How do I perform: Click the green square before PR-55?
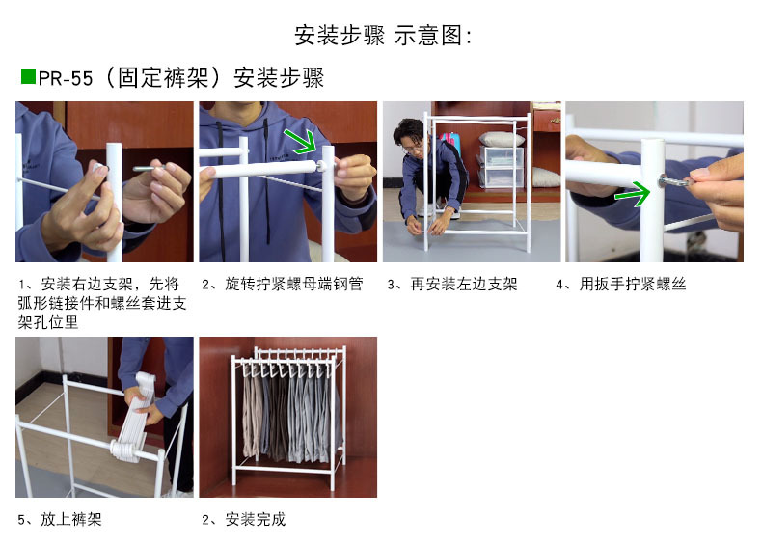point(28,77)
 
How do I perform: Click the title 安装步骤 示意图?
point(383,36)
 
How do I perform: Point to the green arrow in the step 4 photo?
point(632,195)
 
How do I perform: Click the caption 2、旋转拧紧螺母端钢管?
point(283,284)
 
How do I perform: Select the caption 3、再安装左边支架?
point(452,284)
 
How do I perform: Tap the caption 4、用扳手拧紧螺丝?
point(621,284)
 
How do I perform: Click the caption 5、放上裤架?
point(60,519)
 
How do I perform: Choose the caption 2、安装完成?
point(243,519)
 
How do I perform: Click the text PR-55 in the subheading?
point(66,78)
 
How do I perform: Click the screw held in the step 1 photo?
point(149,168)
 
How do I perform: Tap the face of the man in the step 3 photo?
point(414,145)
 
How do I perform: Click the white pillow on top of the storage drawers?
point(500,139)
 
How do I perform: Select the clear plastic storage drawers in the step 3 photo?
point(501,166)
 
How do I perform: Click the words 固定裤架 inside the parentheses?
point(163,78)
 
